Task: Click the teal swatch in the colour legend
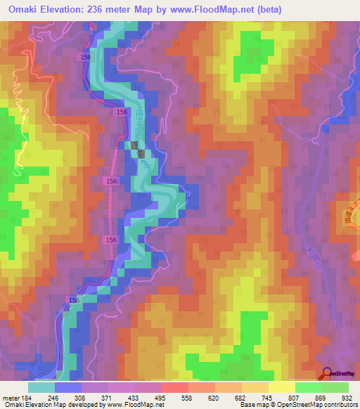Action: click(x=41, y=387)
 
